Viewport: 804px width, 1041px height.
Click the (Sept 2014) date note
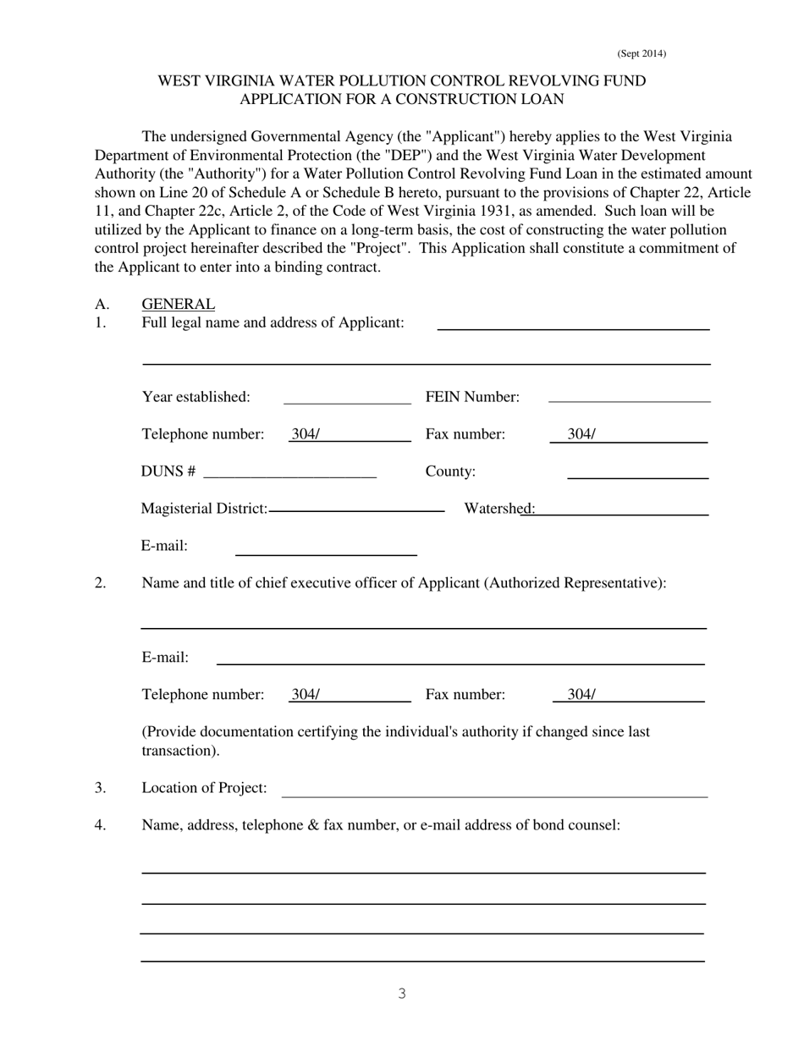(x=641, y=54)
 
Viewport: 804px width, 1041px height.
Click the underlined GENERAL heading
(x=178, y=304)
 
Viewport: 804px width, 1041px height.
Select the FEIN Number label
(x=472, y=397)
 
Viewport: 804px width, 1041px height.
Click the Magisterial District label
(x=204, y=508)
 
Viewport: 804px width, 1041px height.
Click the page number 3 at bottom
(x=402, y=994)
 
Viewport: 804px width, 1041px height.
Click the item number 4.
(x=100, y=824)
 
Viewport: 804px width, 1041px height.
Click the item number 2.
(x=100, y=583)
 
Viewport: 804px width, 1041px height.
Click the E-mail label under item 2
(x=165, y=658)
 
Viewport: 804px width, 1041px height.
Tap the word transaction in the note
(x=178, y=751)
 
